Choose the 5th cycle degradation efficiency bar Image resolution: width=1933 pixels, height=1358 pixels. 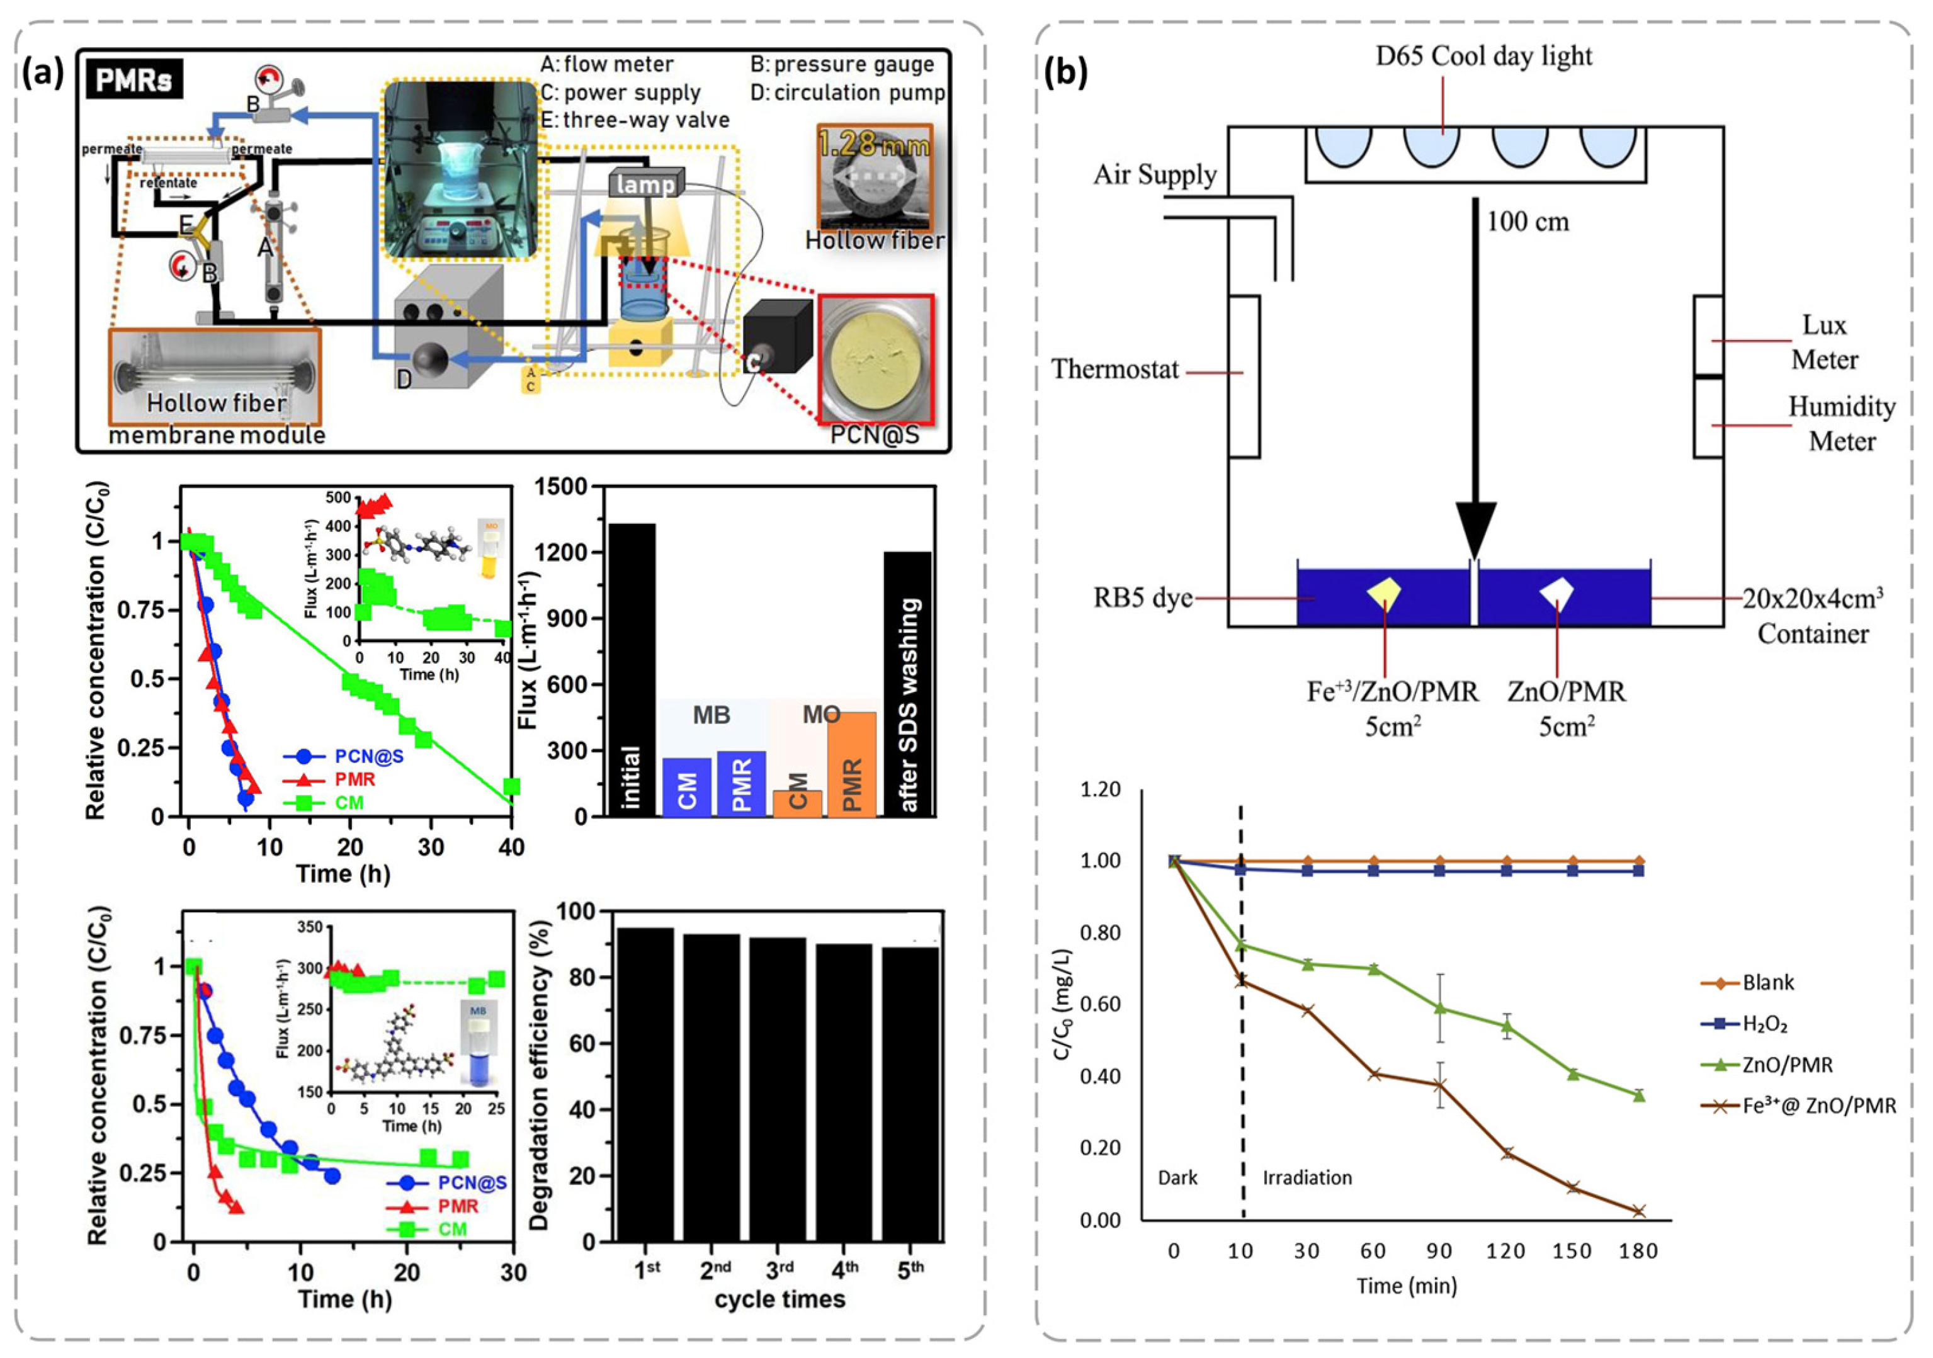coord(910,1094)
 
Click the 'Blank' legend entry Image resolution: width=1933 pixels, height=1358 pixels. coord(1767,983)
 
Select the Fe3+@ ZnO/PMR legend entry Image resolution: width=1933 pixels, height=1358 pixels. coord(1818,1106)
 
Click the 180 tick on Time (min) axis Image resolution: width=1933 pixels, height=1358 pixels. coord(1638,1251)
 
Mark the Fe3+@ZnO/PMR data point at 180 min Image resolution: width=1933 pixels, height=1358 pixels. coord(1638,1211)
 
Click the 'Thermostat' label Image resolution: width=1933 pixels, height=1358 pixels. coord(1114,370)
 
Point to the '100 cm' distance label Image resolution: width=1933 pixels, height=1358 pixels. coord(1528,222)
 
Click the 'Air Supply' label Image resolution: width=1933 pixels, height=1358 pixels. coord(1155,174)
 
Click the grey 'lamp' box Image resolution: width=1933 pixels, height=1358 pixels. coord(646,184)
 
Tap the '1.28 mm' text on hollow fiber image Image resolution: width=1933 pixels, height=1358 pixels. coord(874,145)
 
